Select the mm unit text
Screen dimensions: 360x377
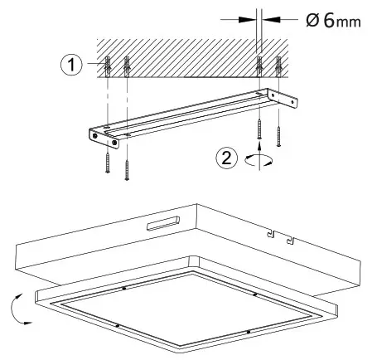(349, 21)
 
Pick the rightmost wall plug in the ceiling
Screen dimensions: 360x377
(280, 66)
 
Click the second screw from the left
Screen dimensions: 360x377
(126, 167)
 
